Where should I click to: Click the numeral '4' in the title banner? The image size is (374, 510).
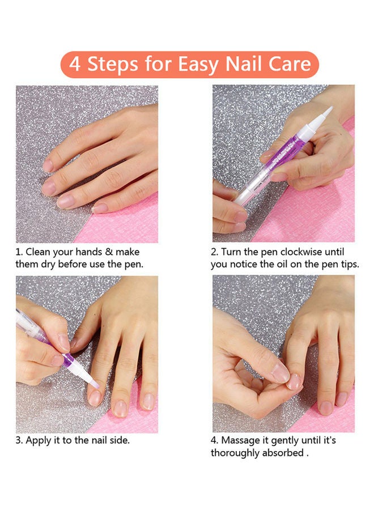(75, 64)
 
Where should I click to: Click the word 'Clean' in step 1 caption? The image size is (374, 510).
(39, 252)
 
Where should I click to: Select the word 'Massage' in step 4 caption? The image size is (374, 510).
(241, 440)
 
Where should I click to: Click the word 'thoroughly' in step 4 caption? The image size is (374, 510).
(233, 453)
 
